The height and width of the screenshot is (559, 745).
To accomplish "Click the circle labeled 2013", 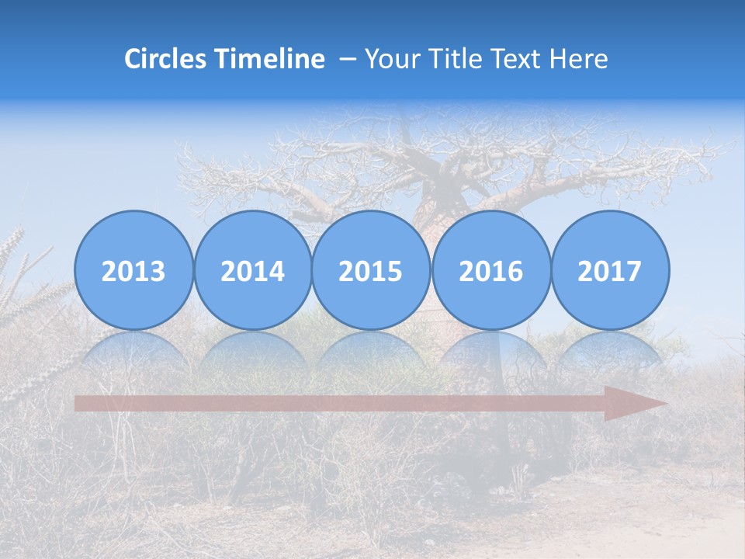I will tap(133, 270).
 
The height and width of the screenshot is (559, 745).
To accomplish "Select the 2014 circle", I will tap(252, 270).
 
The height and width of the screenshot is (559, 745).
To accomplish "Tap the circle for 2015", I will tap(371, 270).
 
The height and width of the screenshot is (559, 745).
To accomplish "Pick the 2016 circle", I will tap(490, 270).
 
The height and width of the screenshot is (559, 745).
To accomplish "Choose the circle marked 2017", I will tap(609, 270).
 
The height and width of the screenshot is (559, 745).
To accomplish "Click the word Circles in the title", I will tap(166, 59).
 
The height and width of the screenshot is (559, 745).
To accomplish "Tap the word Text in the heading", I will tap(514, 59).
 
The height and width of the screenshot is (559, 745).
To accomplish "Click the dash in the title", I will tap(348, 60).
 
